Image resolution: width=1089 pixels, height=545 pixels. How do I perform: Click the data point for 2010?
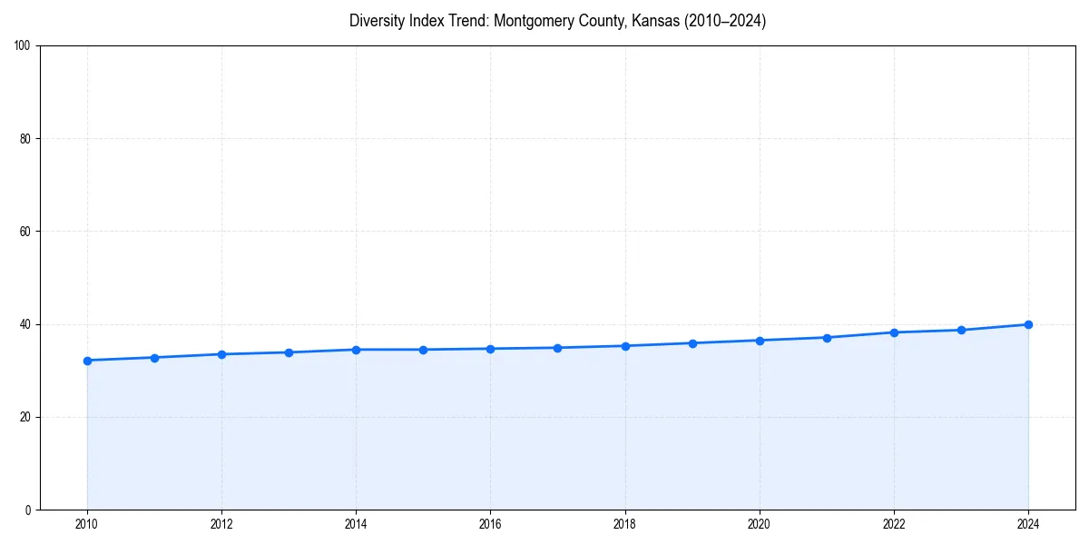tap(87, 361)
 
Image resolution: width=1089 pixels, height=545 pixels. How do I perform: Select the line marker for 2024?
tap(1028, 324)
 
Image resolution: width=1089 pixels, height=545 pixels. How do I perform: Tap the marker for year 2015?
tap(423, 350)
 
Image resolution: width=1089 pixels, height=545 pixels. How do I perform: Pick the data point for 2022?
tap(894, 332)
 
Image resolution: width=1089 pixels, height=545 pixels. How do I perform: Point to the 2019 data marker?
tap(692, 343)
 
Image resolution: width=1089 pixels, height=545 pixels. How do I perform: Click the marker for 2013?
tap(289, 352)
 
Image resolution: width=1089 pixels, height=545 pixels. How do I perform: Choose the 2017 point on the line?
tap(557, 348)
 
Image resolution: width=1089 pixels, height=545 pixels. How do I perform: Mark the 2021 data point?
tap(827, 338)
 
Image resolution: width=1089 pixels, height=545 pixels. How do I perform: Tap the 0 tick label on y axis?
tap(29, 510)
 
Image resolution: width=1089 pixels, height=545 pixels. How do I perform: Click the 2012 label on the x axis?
tap(221, 524)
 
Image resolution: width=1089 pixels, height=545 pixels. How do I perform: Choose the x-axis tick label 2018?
tap(624, 524)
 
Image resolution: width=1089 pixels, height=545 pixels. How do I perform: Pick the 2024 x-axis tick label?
tap(1028, 524)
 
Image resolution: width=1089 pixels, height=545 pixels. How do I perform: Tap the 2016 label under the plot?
tap(490, 524)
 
